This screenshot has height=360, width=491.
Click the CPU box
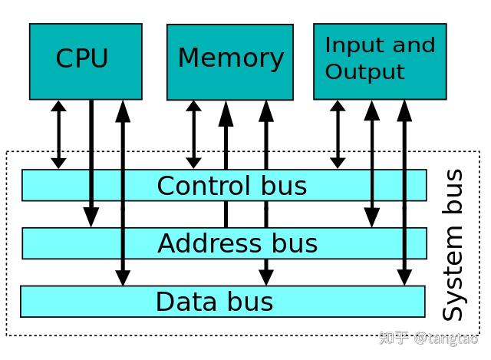[85, 61]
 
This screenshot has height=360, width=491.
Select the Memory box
[229, 61]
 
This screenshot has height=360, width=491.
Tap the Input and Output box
[380, 61]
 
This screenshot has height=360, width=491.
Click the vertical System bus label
[453, 246]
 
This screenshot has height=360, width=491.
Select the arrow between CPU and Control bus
[58, 134]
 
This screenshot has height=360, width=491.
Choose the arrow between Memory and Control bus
[193, 134]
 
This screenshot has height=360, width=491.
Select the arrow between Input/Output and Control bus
[337, 134]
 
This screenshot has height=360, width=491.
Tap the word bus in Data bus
[249, 302]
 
